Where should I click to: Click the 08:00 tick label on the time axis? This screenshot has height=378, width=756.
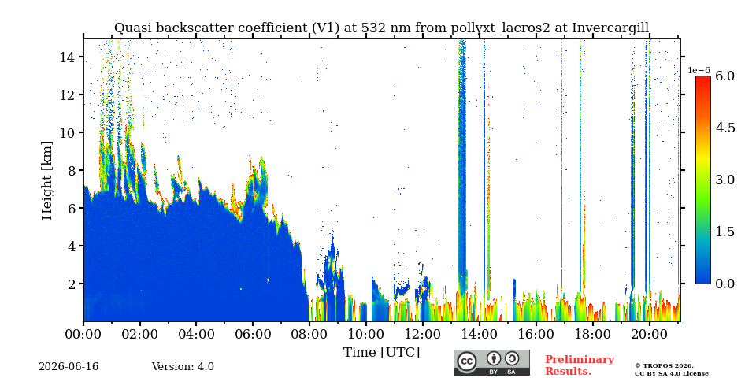pos(309,334)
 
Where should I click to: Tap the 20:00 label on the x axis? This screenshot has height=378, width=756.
pos(649,334)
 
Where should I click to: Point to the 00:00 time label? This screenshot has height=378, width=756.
pos(83,334)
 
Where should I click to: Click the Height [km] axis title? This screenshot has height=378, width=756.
pos(46,180)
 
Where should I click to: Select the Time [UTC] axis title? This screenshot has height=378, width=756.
pos(381,353)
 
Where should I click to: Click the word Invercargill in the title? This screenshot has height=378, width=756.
pos(610,28)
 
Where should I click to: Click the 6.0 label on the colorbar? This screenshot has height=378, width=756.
pos(724,76)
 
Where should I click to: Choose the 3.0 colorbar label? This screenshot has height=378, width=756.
pos(724,180)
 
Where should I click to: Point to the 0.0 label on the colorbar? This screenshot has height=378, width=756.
pos(724,283)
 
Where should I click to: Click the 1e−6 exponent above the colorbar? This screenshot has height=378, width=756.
pos(699,70)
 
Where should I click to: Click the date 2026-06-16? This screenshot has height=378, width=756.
pos(69,367)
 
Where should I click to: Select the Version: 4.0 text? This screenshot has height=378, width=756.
pos(183,367)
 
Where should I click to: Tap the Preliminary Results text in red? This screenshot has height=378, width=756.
pos(580,365)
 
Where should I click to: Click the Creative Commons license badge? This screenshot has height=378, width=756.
pos(491,362)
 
